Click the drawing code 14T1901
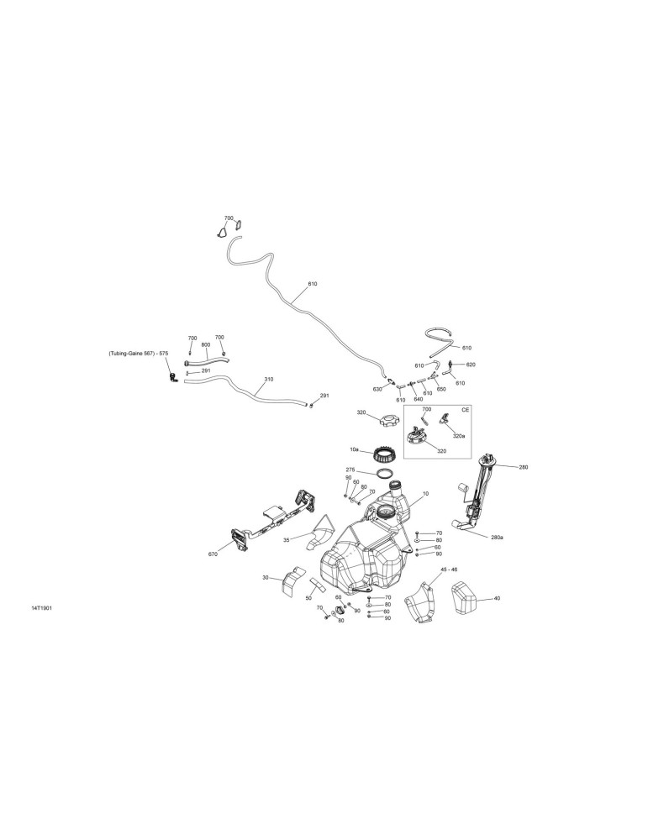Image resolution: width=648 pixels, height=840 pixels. coord(41,608)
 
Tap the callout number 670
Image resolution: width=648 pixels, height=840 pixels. coord(213,554)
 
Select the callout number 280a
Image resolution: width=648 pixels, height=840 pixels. coord(497,537)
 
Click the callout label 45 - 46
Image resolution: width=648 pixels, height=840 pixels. coord(449,569)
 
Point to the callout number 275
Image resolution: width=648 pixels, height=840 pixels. coord(350,470)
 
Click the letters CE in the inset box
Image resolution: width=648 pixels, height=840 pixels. coord(466,409)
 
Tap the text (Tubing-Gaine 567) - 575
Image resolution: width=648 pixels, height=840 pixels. coord(139,353)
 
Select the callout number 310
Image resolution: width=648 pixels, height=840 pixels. coord(268,379)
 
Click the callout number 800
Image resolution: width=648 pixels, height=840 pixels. coord(206,345)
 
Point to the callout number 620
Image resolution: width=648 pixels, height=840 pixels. coord(471,365)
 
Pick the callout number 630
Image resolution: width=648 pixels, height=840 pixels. coord(377,389)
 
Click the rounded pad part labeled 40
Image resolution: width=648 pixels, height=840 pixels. coord(463,598)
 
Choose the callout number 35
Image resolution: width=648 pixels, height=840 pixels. coord(287,540)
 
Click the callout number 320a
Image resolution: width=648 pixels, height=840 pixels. coord(459,435)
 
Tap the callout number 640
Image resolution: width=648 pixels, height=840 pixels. coord(419,398)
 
